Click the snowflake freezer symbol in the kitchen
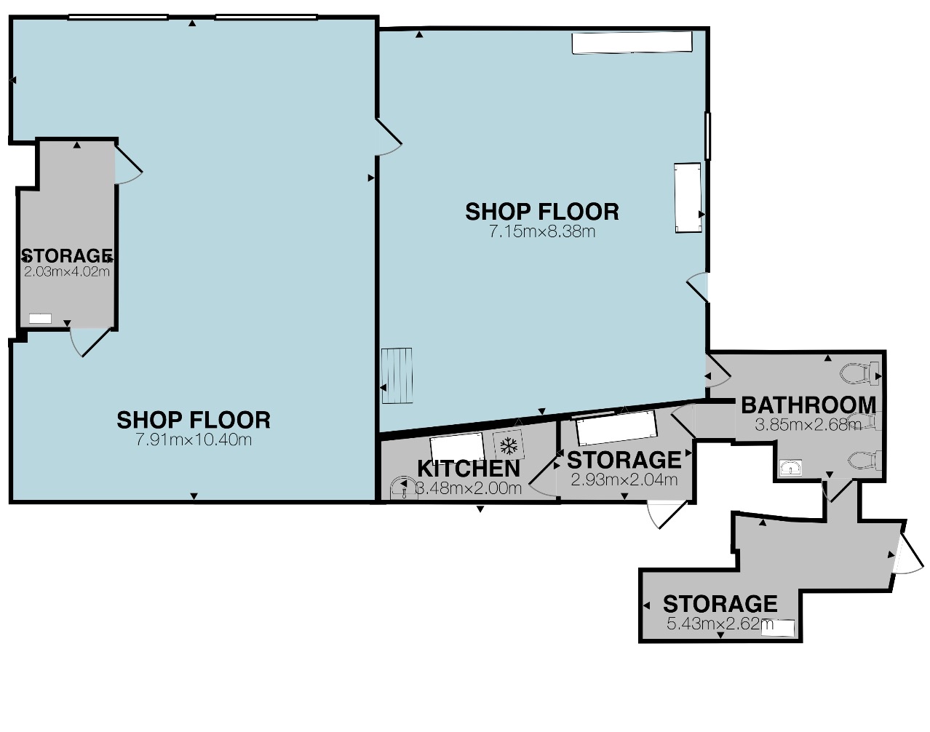(x=509, y=445)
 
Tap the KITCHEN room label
(x=469, y=469)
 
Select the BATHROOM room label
(x=808, y=405)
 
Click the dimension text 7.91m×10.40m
(x=194, y=440)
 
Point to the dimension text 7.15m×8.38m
(x=542, y=231)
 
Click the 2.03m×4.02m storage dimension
(x=66, y=272)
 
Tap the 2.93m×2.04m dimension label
(x=624, y=480)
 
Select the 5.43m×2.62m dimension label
(x=720, y=624)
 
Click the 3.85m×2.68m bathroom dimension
(x=808, y=425)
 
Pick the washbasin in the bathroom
(x=791, y=468)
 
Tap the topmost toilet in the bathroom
(x=860, y=373)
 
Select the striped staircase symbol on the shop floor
(x=397, y=375)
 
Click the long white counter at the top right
(x=632, y=43)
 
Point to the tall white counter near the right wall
(x=688, y=198)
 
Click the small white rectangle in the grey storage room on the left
(x=40, y=319)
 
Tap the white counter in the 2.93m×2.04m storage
(x=616, y=428)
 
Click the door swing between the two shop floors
(x=389, y=138)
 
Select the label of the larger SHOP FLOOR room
(x=194, y=420)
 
